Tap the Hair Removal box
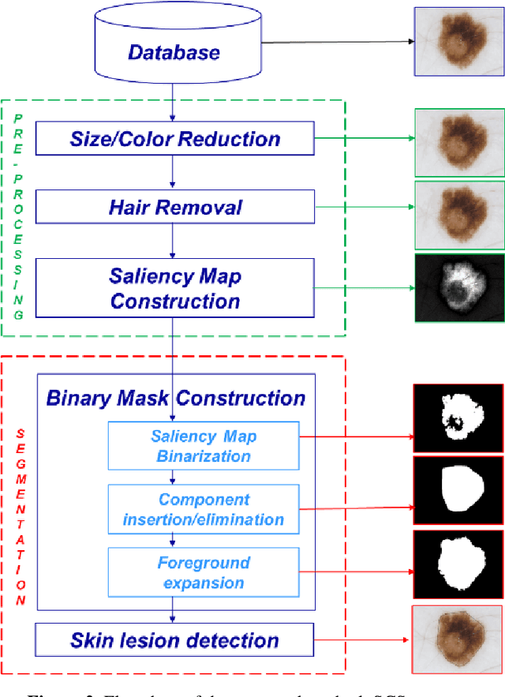(x=175, y=208)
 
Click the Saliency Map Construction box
(x=175, y=289)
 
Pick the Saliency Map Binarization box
(x=204, y=446)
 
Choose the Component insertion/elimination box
(x=204, y=509)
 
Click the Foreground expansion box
(x=204, y=573)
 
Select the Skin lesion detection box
(x=174, y=640)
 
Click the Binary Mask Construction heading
(x=175, y=398)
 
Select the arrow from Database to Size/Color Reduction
(x=173, y=102)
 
